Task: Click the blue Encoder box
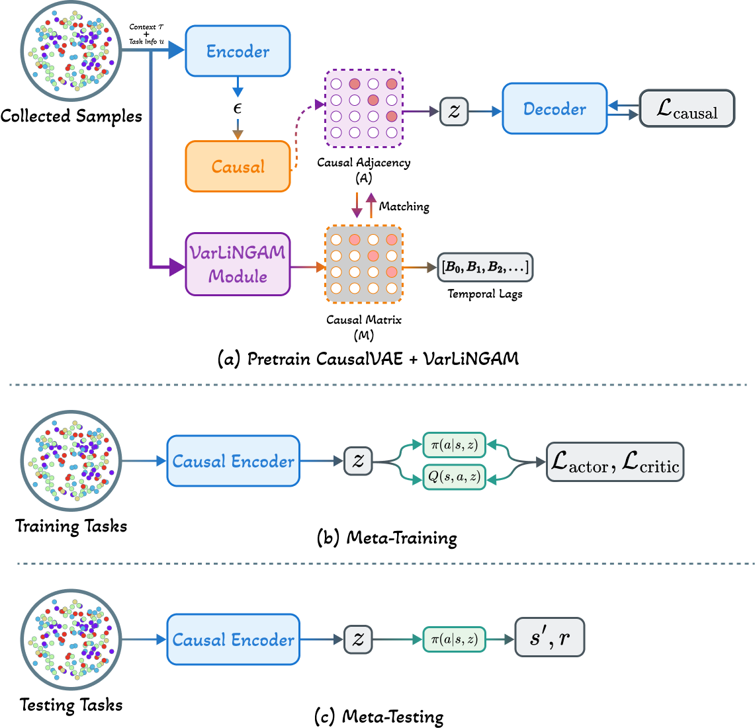point(238,51)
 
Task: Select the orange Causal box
point(238,167)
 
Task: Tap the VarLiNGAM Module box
point(238,264)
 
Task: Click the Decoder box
point(555,108)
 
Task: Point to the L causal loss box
point(687,108)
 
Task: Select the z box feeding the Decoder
point(454,111)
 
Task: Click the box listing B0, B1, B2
point(485,268)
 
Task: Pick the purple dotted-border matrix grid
point(363,108)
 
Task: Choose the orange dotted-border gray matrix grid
point(363,264)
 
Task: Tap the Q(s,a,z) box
point(454,477)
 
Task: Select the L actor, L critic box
point(615,462)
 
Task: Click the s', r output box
point(549,637)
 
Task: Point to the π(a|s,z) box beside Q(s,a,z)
point(454,446)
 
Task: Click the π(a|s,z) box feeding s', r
point(454,639)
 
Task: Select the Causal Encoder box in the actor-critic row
point(233,461)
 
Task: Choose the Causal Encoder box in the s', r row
point(233,639)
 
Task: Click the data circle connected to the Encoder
point(71,51)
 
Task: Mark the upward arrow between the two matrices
point(371,206)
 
